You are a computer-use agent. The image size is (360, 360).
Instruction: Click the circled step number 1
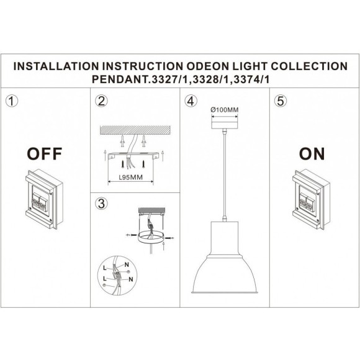pos(10,100)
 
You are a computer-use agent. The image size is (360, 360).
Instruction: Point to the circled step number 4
pos(191,100)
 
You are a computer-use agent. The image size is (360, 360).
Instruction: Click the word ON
pos(312,153)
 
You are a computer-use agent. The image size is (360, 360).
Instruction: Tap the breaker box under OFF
pos(41,197)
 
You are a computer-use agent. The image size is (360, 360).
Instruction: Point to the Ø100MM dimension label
pos(225,109)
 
